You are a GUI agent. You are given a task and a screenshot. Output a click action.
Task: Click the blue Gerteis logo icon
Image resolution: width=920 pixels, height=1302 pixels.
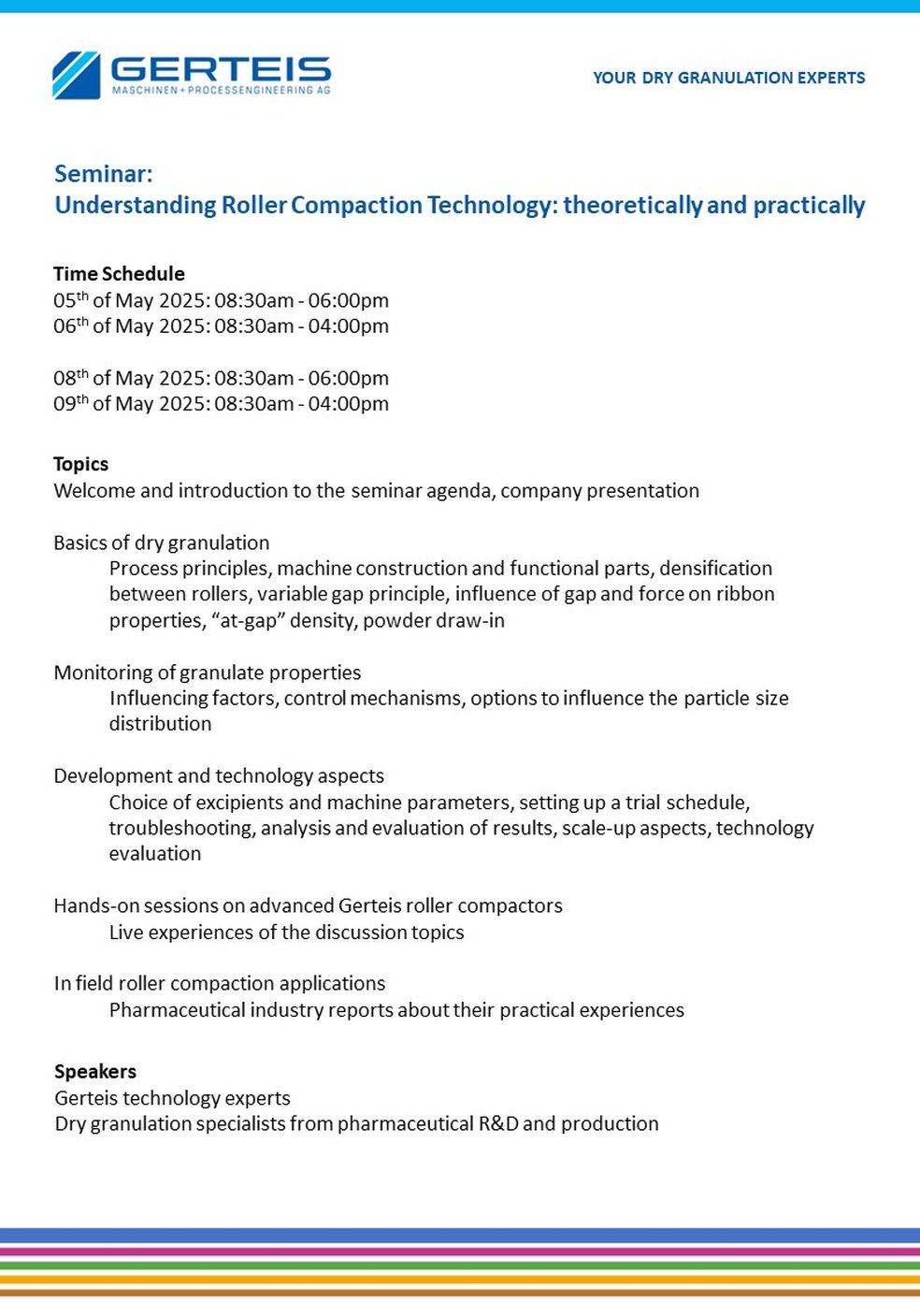coord(76,75)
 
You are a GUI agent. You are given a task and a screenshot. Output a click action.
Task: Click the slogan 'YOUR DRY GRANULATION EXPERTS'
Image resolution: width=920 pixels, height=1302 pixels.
coord(728,78)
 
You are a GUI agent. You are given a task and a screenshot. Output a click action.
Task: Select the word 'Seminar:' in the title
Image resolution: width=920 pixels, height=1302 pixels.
coord(103,174)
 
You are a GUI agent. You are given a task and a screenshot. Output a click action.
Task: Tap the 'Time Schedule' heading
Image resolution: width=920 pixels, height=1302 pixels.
coord(119,274)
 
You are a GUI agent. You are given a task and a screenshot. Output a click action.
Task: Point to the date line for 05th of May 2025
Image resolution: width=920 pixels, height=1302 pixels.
coord(221,300)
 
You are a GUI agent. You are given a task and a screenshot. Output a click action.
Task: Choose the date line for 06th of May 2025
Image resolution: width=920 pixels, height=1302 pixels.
coord(221,326)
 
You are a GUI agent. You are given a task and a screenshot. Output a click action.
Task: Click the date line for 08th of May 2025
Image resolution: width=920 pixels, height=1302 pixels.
coord(221,378)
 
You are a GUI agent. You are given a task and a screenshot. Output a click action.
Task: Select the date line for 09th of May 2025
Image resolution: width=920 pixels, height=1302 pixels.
coord(221,404)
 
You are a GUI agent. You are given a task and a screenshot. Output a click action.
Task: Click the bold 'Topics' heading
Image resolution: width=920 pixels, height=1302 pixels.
coord(80,464)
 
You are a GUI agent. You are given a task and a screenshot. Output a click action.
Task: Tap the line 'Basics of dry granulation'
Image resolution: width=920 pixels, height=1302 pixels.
coord(161,542)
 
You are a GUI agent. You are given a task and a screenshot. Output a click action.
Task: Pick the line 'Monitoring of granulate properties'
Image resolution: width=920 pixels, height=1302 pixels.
coord(207,673)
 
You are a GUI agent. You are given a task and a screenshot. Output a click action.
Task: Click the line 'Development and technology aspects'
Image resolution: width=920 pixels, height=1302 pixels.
coord(219,775)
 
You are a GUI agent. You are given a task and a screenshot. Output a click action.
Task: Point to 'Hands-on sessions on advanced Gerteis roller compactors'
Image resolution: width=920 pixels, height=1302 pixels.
coord(308,905)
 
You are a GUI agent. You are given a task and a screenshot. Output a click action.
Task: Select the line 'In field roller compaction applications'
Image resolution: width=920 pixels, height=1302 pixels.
coord(219,983)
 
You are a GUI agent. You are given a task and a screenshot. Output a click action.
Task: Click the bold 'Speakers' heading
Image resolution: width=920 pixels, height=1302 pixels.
coord(94,1072)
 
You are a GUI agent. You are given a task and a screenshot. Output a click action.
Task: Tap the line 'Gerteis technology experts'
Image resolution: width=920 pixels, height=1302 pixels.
coord(172,1098)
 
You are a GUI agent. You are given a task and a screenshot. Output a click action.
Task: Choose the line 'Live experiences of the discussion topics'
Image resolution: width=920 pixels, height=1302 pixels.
coord(286,933)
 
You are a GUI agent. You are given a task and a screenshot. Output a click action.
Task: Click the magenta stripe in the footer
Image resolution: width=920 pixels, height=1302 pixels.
coord(460,1251)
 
